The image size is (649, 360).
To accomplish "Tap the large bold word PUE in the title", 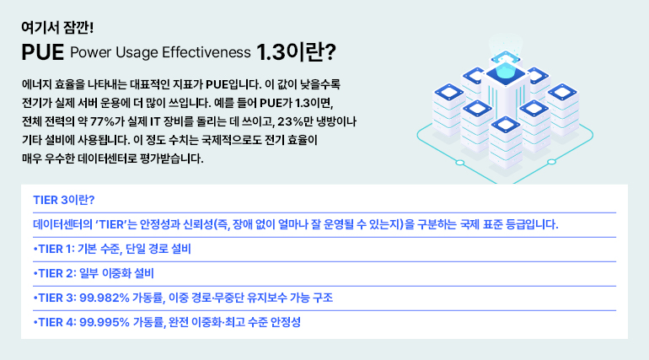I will [x=43, y=53].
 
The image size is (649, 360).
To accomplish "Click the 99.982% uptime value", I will [x=106, y=298].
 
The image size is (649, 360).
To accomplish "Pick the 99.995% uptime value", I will [x=106, y=322].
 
